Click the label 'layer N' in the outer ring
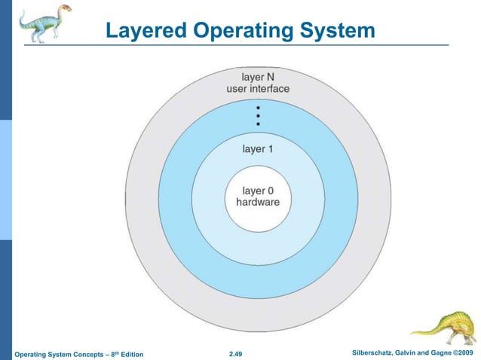click(x=258, y=77)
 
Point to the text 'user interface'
click(x=258, y=89)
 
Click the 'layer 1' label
click(x=258, y=149)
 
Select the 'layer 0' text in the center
click(x=258, y=191)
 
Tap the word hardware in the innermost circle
click(x=258, y=203)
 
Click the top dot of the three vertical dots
click(x=258, y=108)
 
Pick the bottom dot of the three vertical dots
click(x=258, y=124)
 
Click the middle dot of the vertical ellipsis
click(x=258, y=116)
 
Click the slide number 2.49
click(x=240, y=353)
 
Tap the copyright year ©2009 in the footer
click(x=461, y=352)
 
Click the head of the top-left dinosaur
click(x=66, y=9)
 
